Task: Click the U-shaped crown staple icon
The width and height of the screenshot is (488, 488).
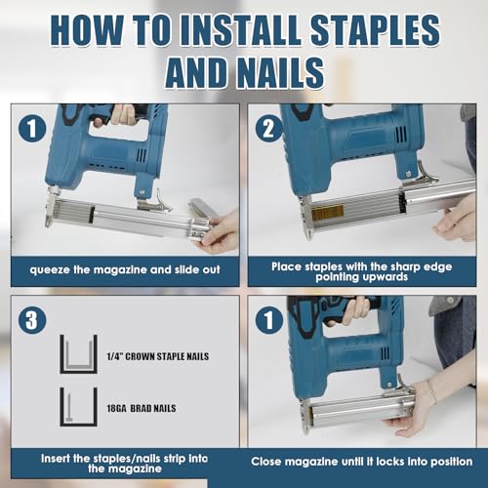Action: [x=78, y=353]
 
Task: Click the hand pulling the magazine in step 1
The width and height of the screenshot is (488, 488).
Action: [x=220, y=230]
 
